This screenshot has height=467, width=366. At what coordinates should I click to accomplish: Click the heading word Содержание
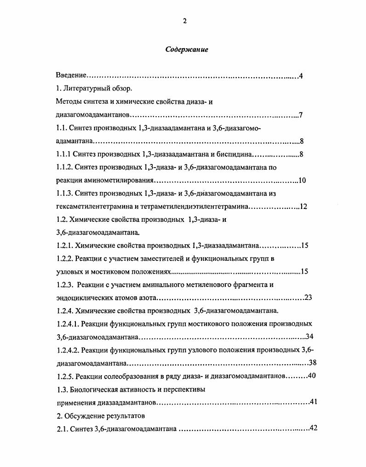pyautogui.click(x=187, y=50)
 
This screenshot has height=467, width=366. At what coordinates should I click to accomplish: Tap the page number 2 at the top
pyautogui.click(x=184, y=21)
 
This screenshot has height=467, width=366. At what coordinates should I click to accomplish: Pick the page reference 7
pyautogui.click(x=300, y=115)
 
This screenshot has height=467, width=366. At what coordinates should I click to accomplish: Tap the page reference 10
pyautogui.click(x=302, y=180)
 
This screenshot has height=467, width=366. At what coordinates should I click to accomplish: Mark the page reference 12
pyautogui.click(x=303, y=207)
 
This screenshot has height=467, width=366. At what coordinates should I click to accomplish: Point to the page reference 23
pyautogui.click(x=308, y=298)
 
